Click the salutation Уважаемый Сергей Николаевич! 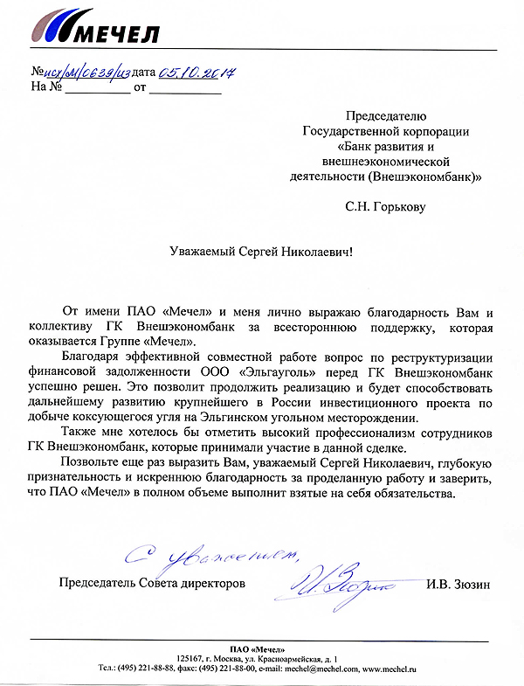[262, 251]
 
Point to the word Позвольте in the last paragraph [96, 462]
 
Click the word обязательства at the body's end [410, 492]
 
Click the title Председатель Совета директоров [152, 582]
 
